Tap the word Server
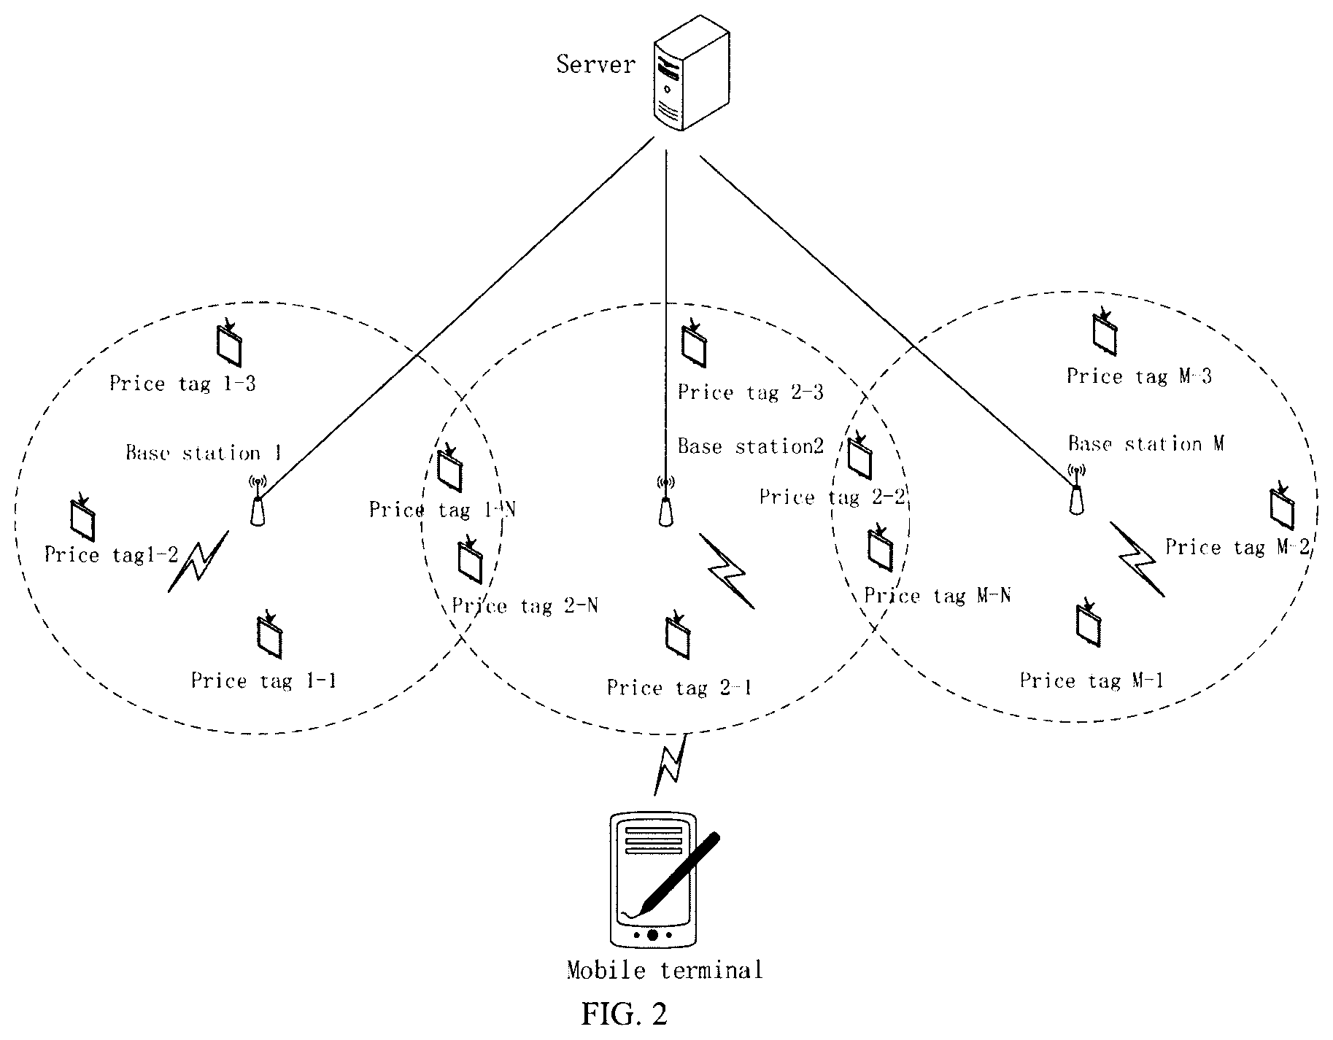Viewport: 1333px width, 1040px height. [595, 64]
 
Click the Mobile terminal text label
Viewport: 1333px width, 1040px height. [665, 971]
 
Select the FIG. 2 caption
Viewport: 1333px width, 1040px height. [625, 1014]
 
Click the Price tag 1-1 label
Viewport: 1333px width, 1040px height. [264, 681]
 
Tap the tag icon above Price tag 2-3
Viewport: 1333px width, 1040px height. [693, 342]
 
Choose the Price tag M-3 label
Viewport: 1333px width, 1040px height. [1139, 376]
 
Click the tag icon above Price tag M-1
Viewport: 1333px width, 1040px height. [1089, 624]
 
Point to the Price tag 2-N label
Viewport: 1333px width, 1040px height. [525, 606]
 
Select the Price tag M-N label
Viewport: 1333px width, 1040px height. [938, 596]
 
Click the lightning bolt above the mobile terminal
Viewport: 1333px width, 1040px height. [669, 764]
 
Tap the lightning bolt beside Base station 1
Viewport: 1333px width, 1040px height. [198, 561]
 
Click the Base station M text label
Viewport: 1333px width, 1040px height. [1146, 443]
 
